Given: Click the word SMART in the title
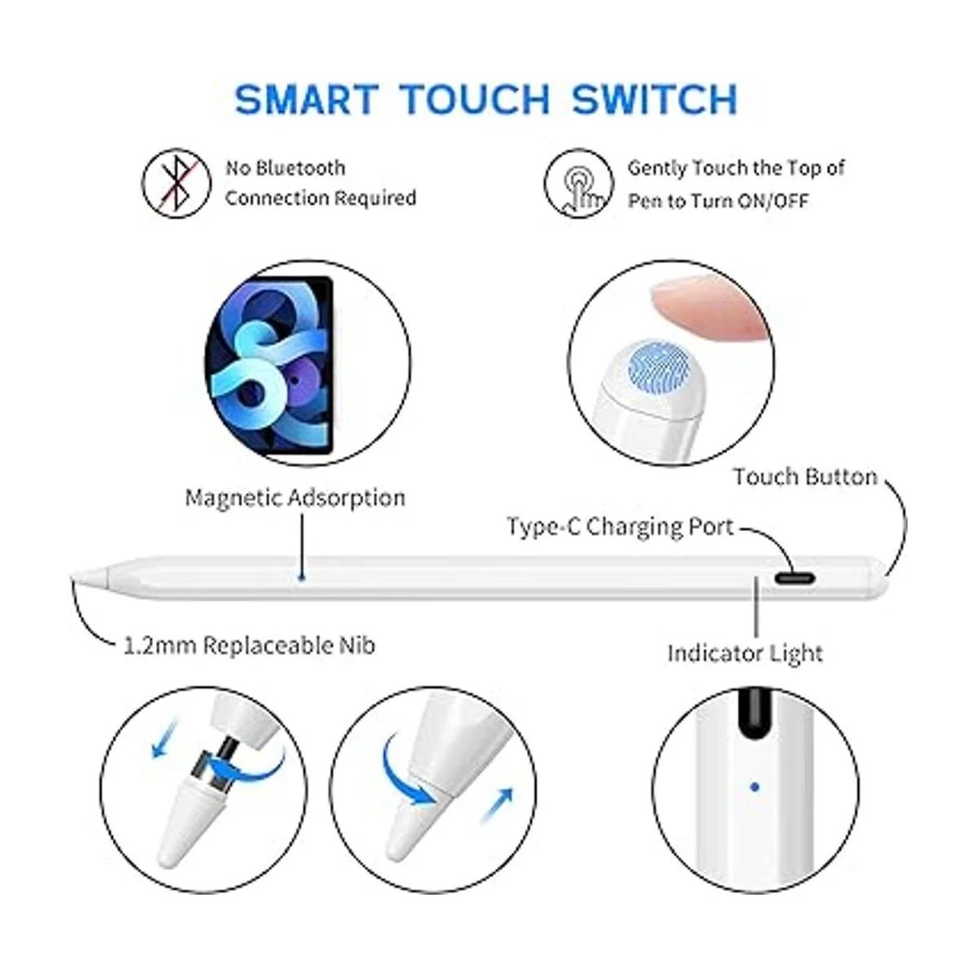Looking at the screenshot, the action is (307, 99).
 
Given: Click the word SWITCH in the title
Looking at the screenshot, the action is (654, 99).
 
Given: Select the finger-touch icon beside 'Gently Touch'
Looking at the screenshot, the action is (578, 184).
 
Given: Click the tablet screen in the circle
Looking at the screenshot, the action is (268, 364).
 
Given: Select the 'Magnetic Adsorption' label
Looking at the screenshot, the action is (295, 498).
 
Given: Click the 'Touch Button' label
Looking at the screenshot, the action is (805, 477).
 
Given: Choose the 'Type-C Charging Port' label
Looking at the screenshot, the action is (621, 527).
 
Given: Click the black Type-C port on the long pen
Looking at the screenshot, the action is (794, 578).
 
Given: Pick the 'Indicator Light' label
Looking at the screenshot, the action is (745, 653).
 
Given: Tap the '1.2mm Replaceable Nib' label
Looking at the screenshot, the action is (250, 645).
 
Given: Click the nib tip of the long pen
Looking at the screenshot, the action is (73, 577).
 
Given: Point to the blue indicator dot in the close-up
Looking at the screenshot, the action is (755, 787).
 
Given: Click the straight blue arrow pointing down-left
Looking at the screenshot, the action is (165, 739).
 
